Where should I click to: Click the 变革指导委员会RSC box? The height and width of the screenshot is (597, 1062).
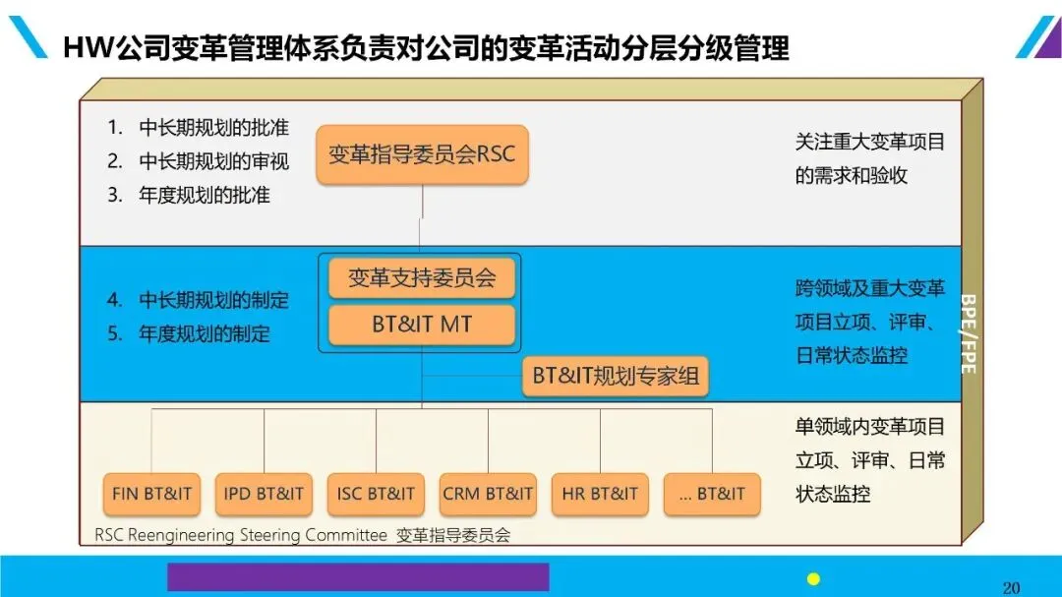(x=422, y=154)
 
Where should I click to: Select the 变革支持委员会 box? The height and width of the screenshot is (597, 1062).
(x=422, y=278)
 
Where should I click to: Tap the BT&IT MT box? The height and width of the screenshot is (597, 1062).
(x=422, y=325)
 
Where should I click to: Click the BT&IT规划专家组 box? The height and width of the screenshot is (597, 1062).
(x=615, y=376)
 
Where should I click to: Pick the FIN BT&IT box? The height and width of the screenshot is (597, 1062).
(x=152, y=494)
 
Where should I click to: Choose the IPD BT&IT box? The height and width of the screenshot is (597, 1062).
(x=264, y=494)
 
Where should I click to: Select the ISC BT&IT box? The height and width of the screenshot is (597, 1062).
(x=376, y=494)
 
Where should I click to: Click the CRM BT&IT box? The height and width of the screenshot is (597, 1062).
(x=488, y=494)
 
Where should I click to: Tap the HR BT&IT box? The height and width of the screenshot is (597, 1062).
(x=600, y=494)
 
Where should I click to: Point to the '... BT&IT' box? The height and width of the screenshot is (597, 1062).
(x=712, y=494)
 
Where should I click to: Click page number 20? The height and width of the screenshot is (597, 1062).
(x=1011, y=587)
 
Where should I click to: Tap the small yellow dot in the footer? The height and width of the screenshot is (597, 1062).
(x=813, y=578)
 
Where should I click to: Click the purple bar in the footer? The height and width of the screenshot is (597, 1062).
(x=358, y=576)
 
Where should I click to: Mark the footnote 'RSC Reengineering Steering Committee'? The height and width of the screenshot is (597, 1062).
(x=241, y=536)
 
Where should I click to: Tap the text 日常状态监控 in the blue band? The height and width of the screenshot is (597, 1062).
(x=852, y=355)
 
